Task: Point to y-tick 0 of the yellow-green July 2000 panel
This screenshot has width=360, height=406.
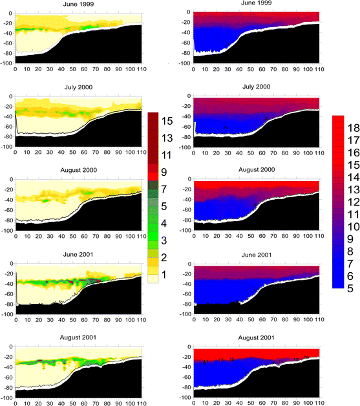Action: [10, 96]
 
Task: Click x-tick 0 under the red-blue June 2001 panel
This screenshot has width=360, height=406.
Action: [194, 319]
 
